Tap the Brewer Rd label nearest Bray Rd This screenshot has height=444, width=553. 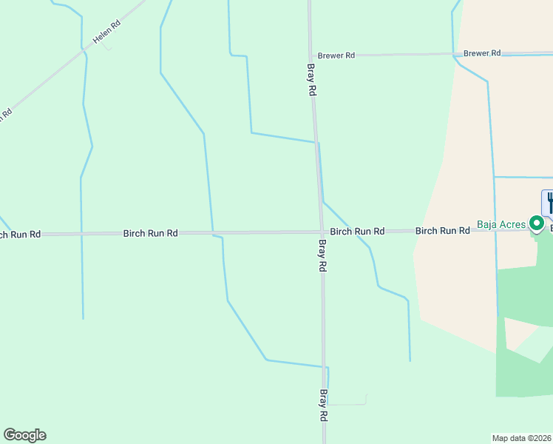click(x=336, y=55)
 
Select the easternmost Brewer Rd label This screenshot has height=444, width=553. click(x=482, y=53)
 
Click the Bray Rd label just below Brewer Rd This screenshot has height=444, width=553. click(x=312, y=79)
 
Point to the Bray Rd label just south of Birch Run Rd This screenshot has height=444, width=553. click(x=322, y=256)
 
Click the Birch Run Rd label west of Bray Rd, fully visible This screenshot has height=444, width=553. click(x=150, y=233)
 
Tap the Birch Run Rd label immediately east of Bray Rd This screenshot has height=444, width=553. click(x=357, y=232)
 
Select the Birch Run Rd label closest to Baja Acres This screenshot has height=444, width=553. click(x=442, y=231)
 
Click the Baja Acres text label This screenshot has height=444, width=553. click(x=501, y=224)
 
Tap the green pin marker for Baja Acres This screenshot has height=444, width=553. click(x=537, y=223)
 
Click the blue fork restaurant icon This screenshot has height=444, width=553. click(x=549, y=201)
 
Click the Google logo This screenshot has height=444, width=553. click(x=24, y=435)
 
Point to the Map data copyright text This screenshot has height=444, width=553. click(x=522, y=438)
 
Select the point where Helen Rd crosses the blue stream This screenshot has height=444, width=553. click(x=83, y=50)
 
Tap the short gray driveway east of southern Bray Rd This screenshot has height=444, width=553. click(x=347, y=404)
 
